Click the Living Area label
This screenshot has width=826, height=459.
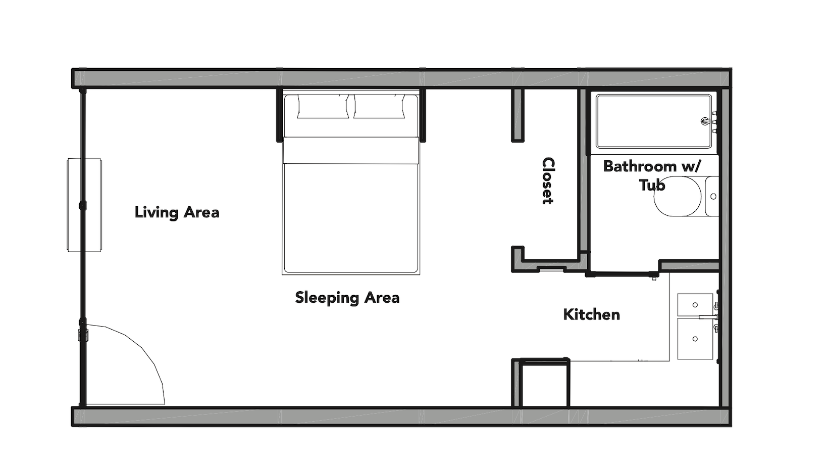click(x=177, y=212)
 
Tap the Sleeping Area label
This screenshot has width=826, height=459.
click(x=347, y=297)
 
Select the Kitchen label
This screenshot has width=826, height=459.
click(x=591, y=314)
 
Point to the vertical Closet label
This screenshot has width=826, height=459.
click(x=548, y=180)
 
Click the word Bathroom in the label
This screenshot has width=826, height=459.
click(x=640, y=166)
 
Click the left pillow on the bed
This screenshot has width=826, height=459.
click(x=323, y=107)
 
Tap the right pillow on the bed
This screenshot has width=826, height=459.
click(x=379, y=107)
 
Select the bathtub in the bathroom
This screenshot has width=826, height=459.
click(x=651, y=121)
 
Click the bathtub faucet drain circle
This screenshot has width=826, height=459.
click(x=705, y=121)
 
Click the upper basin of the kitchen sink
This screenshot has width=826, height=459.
click(x=695, y=305)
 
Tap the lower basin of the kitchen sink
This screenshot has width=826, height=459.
click(x=695, y=338)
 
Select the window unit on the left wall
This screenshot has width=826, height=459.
click(x=84, y=205)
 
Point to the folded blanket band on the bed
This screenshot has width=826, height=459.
click(x=351, y=150)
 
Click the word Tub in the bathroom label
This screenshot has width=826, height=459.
click(x=652, y=186)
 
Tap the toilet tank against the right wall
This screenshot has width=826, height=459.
click(x=712, y=196)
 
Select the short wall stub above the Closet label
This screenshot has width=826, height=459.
click(x=518, y=115)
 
